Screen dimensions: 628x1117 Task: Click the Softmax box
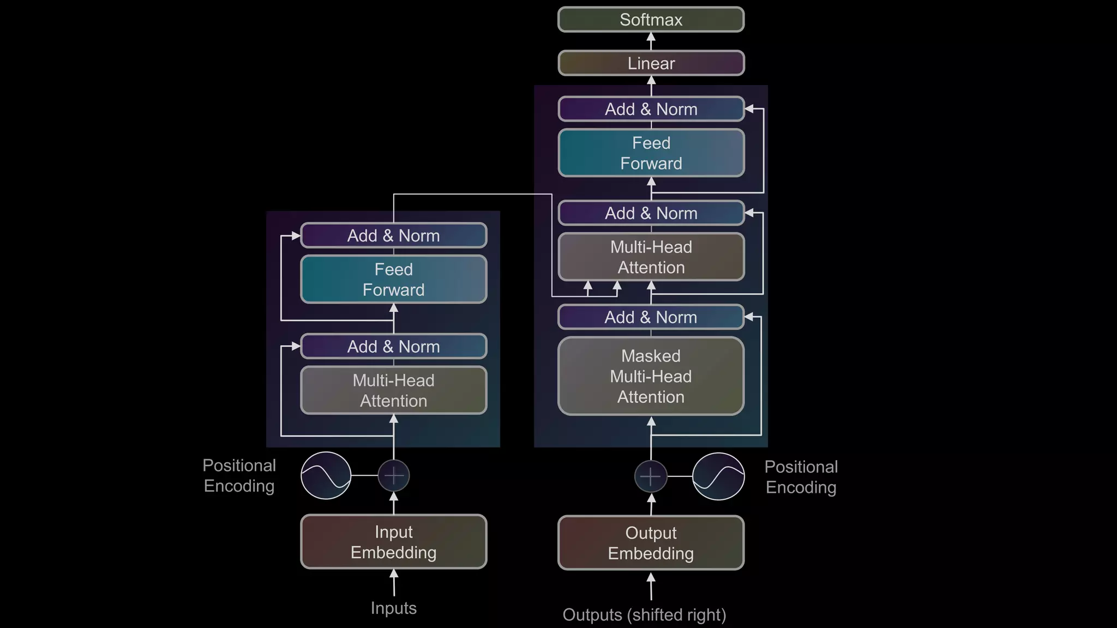coord(651,20)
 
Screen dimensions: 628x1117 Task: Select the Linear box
coord(651,63)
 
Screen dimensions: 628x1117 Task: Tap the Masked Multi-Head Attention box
coord(651,376)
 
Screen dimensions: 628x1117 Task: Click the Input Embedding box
coord(393,542)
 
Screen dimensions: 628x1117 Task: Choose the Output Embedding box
coord(651,543)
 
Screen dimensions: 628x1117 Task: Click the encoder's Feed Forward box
coord(393,279)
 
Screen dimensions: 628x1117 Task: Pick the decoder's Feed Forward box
coord(651,153)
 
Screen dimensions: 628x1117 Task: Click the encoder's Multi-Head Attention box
coord(393,390)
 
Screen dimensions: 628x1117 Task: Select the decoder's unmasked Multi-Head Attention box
coord(651,257)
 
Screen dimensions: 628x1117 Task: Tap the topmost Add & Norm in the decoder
coord(651,109)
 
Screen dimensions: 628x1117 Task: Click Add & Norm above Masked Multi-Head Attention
coord(651,317)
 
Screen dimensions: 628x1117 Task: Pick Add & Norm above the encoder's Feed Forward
coord(393,235)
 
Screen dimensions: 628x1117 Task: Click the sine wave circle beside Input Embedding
coord(326,475)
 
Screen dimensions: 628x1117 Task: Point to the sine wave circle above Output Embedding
coord(718,476)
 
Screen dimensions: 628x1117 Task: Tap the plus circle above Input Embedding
coord(394,475)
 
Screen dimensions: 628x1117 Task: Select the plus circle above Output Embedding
coord(651,476)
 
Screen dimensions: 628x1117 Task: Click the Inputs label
coord(393,608)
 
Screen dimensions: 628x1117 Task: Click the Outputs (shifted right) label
coord(644,615)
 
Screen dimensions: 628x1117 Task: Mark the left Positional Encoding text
coord(239,475)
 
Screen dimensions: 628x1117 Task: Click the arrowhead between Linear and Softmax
coord(651,38)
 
